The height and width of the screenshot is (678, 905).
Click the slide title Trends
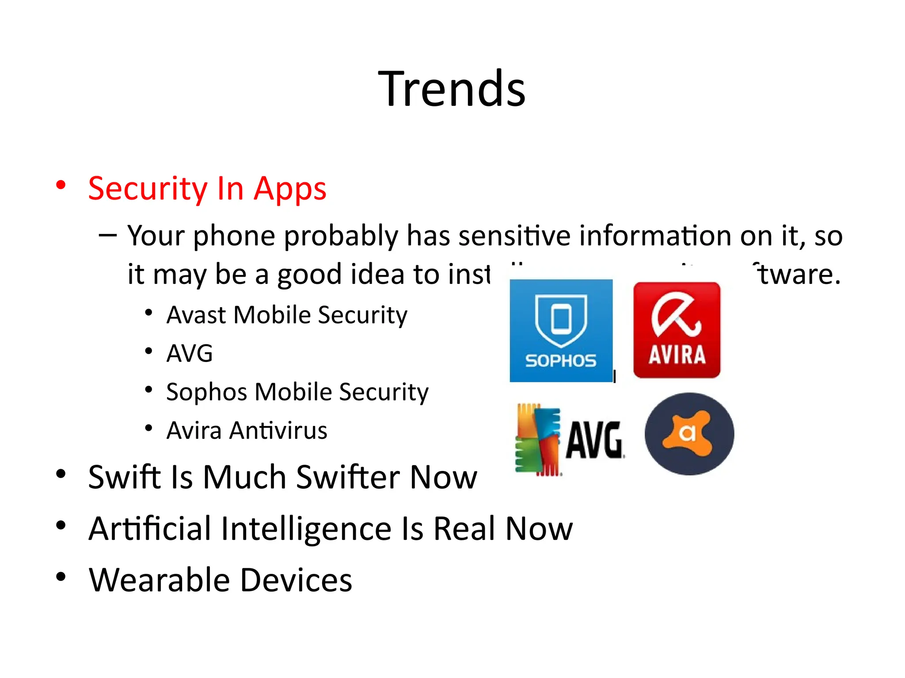pyautogui.click(x=452, y=89)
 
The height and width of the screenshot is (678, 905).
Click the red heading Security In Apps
pyautogui.click(x=207, y=188)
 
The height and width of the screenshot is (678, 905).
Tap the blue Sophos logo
pyautogui.click(x=561, y=330)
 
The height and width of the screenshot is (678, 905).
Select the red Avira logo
pyautogui.click(x=677, y=330)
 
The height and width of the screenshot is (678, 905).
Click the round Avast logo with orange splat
pyautogui.click(x=689, y=433)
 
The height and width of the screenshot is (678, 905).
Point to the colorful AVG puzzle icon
pyautogui.click(x=538, y=439)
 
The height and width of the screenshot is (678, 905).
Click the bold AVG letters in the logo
pyautogui.click(x=594, y=440)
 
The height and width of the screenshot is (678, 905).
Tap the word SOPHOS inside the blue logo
pyautogui.click(x=561, y=361)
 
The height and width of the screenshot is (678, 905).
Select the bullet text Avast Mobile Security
pyautogui.click(x=286, y=315)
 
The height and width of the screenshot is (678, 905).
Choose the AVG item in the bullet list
pyautogui.click(x=190, y=353)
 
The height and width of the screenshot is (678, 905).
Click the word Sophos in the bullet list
pyautogui.click(x=198, y=392)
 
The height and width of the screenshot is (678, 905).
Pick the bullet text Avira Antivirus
pyautogui.click(x=247, y=430)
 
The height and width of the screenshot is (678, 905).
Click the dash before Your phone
pyautogui.click(x=107, y=235)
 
